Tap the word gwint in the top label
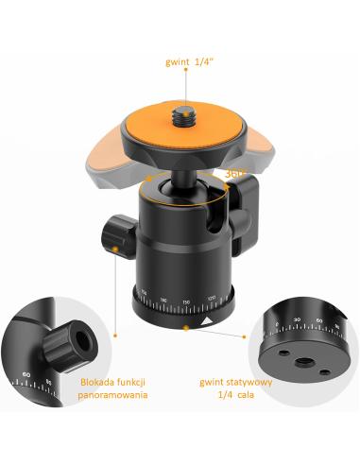178,62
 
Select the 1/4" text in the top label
202,61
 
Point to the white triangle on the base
207,321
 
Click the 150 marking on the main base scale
186,302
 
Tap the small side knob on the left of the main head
119,236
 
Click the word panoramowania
112,395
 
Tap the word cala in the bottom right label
246,395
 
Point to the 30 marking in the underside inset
297,319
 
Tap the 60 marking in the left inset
26,375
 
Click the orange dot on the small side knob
115,250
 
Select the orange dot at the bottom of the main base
186,328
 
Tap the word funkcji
131,383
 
